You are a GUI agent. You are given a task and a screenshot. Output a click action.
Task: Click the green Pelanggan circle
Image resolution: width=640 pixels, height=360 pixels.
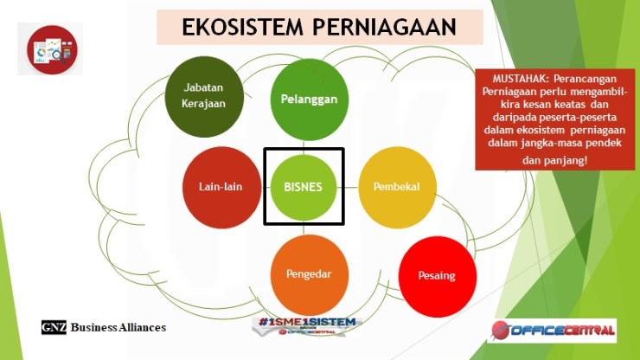point(309,99)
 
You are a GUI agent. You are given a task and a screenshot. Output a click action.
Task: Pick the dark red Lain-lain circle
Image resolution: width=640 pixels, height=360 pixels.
point(218,186)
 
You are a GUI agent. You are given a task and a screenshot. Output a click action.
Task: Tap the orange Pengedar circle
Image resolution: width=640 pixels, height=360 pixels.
point(309,273)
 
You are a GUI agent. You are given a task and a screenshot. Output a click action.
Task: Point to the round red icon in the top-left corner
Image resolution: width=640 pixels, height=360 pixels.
point(50,49)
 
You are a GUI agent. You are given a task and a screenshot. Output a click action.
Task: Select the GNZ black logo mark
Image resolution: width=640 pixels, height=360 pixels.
point(54,327)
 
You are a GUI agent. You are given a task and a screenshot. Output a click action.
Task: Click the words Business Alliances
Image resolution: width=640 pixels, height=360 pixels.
point(118,327)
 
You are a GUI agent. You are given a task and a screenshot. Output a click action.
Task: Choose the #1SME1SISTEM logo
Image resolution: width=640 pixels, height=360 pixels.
point(307,324)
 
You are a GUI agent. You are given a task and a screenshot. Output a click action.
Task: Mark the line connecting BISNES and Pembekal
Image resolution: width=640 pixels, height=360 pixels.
point(351,186)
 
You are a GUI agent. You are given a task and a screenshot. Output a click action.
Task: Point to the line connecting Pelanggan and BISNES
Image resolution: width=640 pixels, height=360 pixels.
point(309,143)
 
